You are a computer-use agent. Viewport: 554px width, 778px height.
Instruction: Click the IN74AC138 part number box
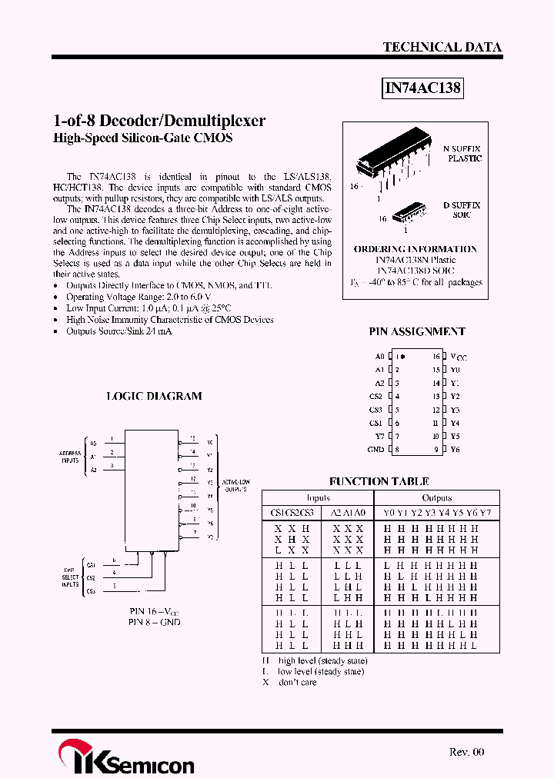click(x=422, y=88)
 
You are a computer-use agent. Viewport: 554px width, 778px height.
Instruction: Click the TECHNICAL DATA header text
click(x=442, y=47)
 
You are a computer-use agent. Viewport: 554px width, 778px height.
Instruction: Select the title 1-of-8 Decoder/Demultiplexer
click(x=159, y=121)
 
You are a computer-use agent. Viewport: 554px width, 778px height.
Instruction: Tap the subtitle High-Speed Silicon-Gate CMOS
click(x=142, y=138)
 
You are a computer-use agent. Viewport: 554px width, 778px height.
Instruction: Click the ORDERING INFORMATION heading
click(x=415, y=249)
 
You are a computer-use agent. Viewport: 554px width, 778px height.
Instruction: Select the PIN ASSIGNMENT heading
click(x=417, y=331)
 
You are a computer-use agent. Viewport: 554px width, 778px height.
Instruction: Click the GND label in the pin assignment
click(x=375, y=449)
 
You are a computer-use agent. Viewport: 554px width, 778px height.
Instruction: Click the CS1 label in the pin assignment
click(x=375, y=423)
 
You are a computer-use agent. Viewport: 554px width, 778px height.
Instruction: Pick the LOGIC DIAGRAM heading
click(x=154, y=396)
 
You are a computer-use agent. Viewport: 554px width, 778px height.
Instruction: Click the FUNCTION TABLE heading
click(x=379, y=481)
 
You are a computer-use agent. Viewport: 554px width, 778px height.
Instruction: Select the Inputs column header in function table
click(x=318, y=497)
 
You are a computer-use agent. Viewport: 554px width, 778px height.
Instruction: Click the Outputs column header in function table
click(x=436, y=497)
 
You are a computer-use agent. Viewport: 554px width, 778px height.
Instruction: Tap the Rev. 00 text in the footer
click(x=466, y=752)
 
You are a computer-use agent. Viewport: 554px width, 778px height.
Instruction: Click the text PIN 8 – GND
click(x=154, y=621)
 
